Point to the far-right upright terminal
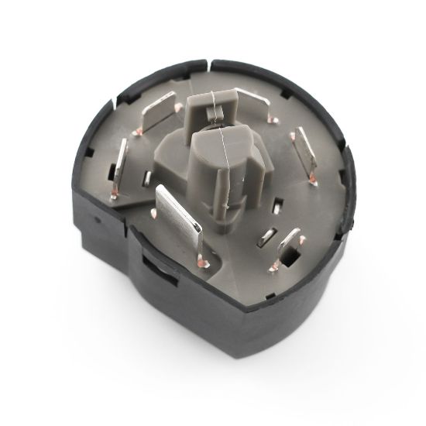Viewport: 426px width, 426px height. pyautogui.click(x=304, y=153)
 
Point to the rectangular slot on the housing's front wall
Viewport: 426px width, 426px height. pyautogui.click(x=151, y=272)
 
